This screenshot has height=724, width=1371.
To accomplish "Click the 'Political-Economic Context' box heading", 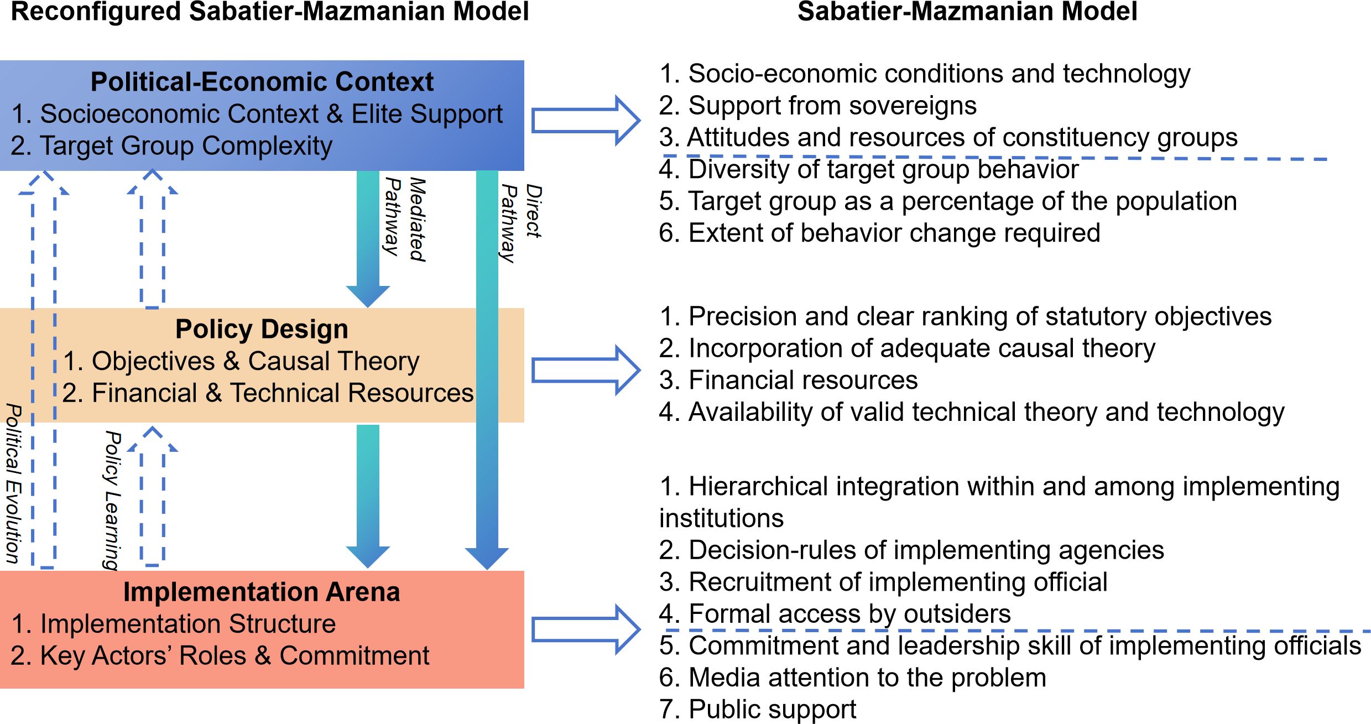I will click(x=262, y=82).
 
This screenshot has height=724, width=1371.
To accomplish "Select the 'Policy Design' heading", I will click(x=262, y=329).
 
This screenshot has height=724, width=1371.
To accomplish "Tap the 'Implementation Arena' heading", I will click(x=262, y=592).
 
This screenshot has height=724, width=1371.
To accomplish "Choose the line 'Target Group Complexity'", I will click(x=171, y=146).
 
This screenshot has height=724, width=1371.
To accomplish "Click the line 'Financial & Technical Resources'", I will click(x=268, y=393).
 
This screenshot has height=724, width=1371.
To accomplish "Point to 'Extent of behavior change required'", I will click(x=879, y=233).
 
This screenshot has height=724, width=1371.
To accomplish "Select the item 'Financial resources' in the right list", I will click(x=788, y=381).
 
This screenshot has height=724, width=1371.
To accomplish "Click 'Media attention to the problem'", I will click(x=852, y=678).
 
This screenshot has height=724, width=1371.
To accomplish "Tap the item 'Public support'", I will click(x=758, y=709).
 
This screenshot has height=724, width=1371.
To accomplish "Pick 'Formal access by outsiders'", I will click(x=835, y=614).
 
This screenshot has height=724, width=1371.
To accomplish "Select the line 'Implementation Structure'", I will click(x=174, y=624).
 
